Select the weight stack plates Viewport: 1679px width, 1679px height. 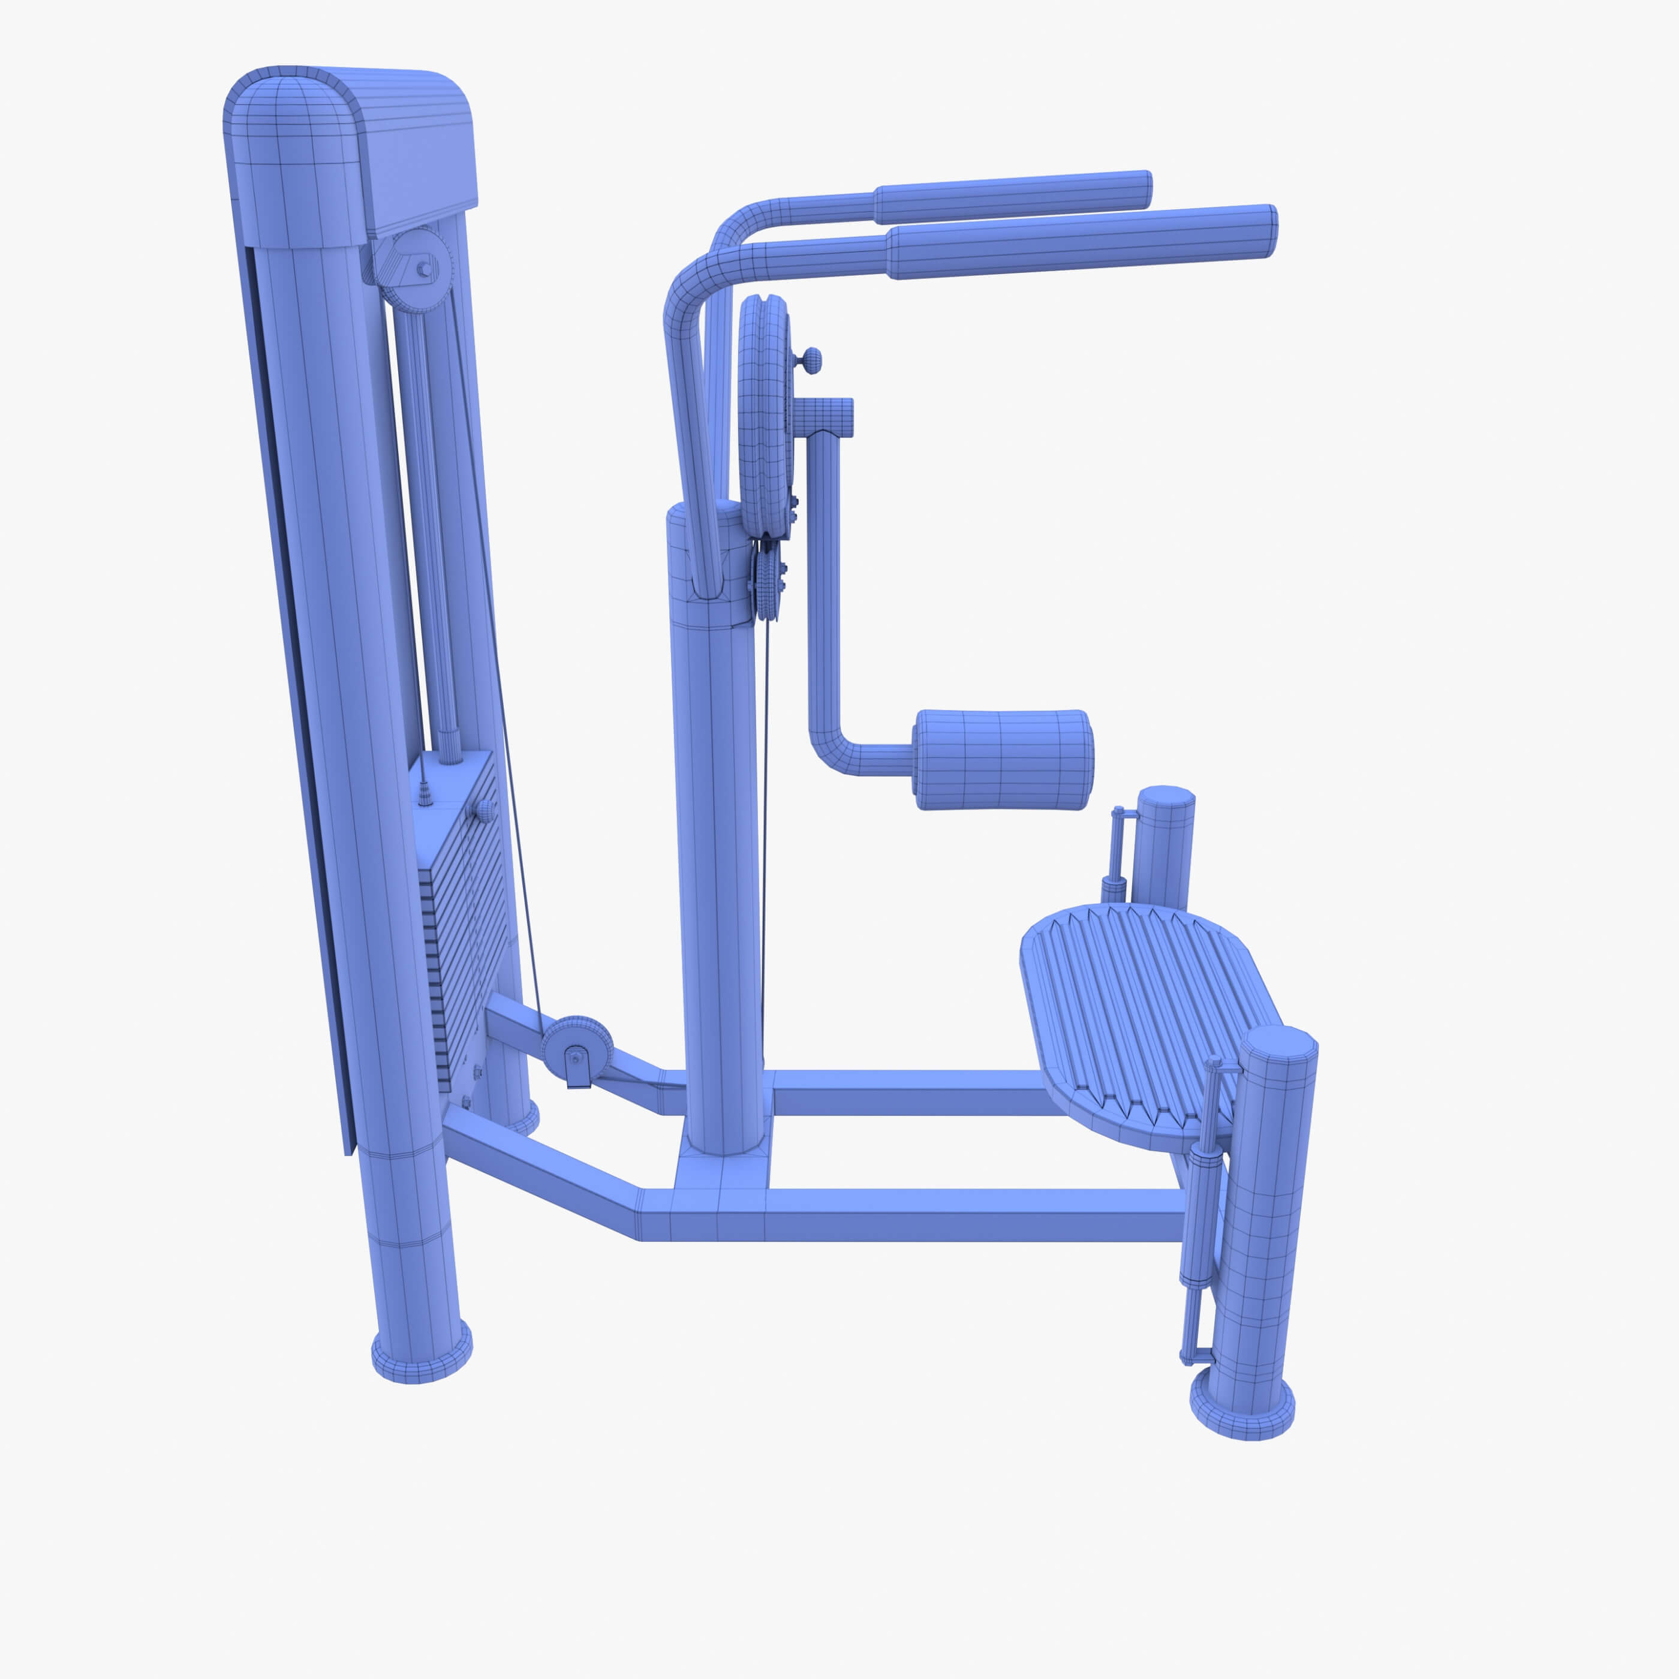pos(461,938)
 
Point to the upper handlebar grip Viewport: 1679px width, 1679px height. pos(1012,197)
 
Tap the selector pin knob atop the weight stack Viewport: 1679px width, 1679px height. pos(484,811)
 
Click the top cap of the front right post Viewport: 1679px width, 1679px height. pos(1277,1043)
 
